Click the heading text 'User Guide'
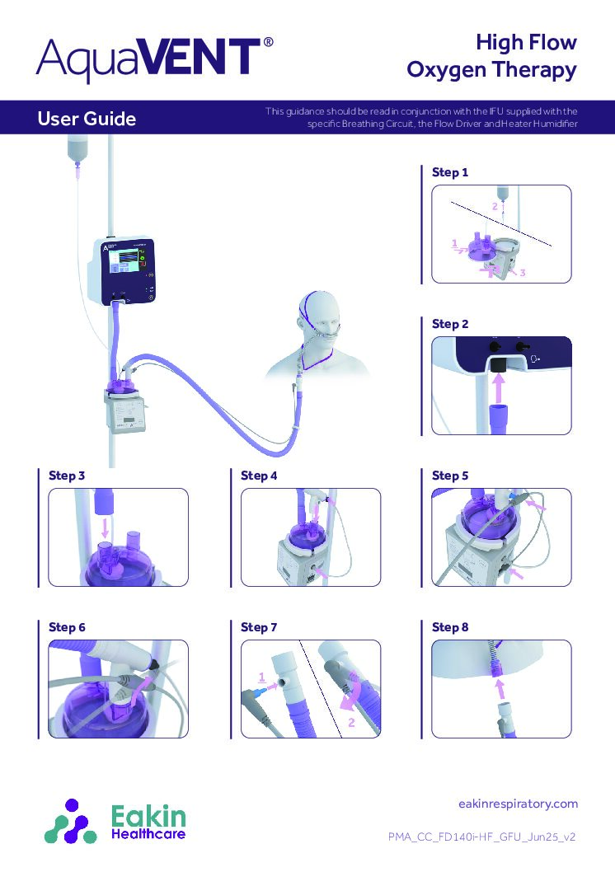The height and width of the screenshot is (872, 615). [87, 120]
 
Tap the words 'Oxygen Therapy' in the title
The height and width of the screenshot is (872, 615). [491, 71]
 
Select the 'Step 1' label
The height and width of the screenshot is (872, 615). [450, 173]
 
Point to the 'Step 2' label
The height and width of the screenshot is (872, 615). [450, 325]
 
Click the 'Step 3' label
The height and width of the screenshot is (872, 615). [67, 476]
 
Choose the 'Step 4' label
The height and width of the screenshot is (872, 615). [259, 476]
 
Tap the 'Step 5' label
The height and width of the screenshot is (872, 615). [450, 476]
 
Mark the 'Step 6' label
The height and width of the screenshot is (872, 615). [67, 627]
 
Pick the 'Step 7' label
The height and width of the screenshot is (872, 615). [259, 627]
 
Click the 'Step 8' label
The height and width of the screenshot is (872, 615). [450, 627]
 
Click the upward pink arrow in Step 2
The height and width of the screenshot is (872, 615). [497, 382]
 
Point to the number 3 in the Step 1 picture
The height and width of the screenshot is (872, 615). [523, 273]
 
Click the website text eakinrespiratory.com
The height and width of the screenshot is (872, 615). [517, 804]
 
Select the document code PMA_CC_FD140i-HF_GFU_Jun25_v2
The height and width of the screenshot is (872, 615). [481, 837]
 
